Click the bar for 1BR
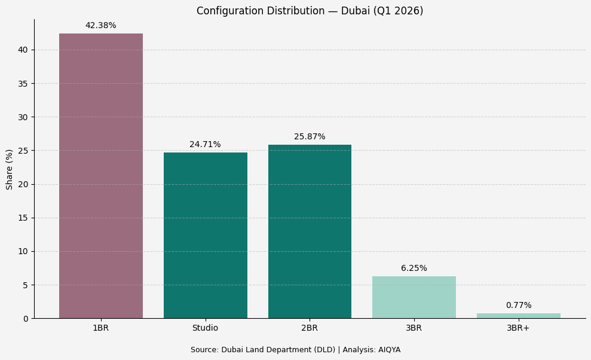pos(100,176)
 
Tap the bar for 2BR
pos(310,231)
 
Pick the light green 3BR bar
pos(414,297)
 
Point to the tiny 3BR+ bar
pos(518,316)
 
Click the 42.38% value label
pos(100,26)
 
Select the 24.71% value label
pos(205,145)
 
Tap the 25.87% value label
pos(310,137)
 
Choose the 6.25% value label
pos(414,269)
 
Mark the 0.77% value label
pos(518,306)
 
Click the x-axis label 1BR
pos(100,328)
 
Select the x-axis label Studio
pos(205,328)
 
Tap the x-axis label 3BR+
pos(518,328)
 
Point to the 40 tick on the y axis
pos(23,50)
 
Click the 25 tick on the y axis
pos(23,151)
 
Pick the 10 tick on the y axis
pos(23,251)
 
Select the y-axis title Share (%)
pos(10,169)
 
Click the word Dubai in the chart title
pos(354,11)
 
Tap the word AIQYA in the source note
pos(389,350)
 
